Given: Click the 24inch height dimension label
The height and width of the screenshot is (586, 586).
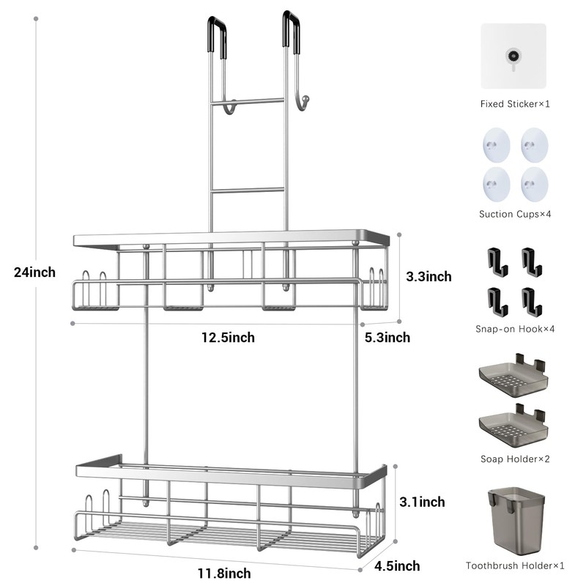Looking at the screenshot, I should [x=34, y=272].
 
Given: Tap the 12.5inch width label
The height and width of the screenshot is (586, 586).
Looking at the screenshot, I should [x=229, y=338].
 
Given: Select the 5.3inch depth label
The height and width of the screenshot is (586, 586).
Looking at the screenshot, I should [x=387, y=338].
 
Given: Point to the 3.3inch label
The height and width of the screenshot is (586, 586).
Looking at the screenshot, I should [x=429, y=276].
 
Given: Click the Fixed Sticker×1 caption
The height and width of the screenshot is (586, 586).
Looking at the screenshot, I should [x=515, y=104].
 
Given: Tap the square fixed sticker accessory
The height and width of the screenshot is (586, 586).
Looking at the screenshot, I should [x=513, y=56].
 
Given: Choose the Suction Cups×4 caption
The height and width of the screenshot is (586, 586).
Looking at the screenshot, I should [x=515, y=214].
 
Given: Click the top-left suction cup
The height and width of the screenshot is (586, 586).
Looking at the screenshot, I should [x=496, y=144].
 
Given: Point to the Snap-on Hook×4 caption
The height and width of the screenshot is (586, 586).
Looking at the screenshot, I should [x=515, y=328].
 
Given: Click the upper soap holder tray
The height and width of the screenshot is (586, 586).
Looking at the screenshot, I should [x=513, y=375].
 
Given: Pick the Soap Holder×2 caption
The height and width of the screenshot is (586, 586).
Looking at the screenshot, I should [x=515, y=459].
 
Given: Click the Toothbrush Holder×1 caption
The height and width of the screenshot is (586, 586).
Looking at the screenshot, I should [x=515, y=565].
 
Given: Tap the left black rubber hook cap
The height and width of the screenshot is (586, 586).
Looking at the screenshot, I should [x=218, y=34].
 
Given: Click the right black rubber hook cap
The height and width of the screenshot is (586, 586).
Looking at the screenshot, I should [x=292, y=31].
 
